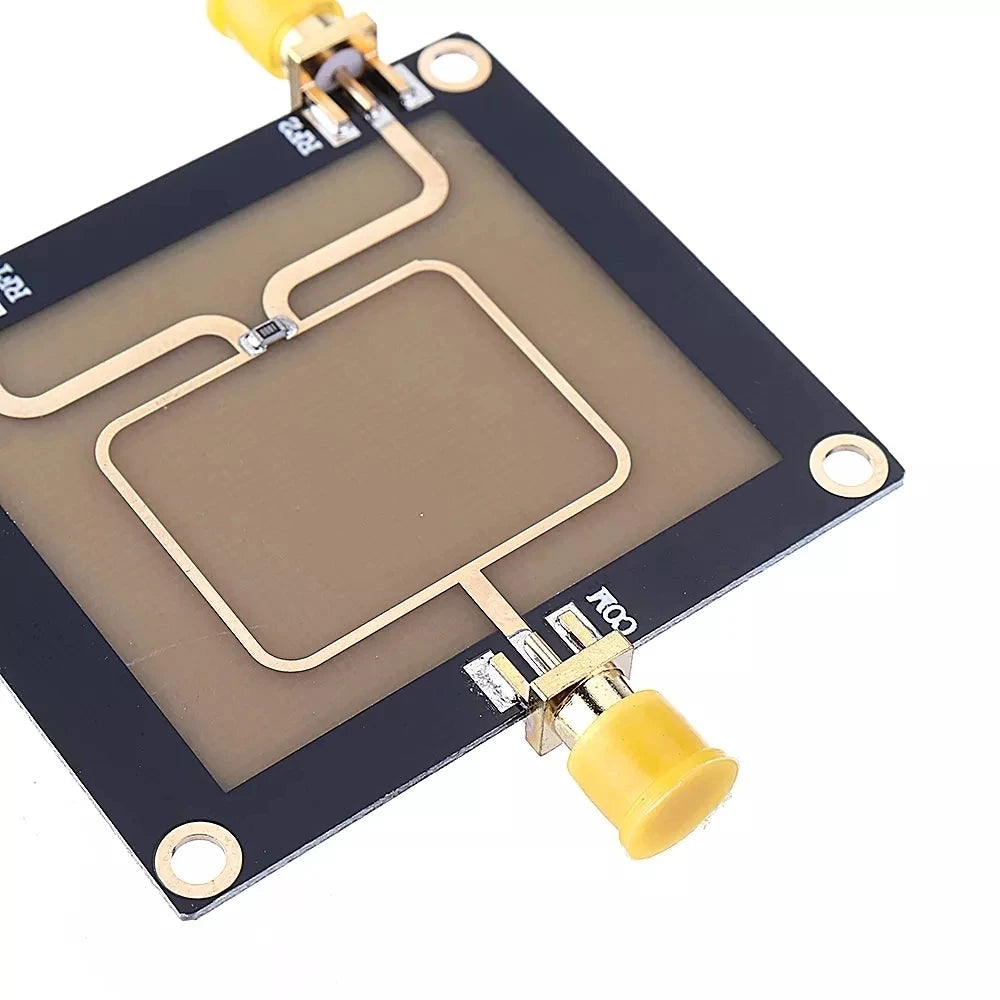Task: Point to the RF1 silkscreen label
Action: pos(12,283)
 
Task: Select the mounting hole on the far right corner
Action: pos(848,464)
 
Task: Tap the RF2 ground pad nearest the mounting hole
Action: pos(410,88)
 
